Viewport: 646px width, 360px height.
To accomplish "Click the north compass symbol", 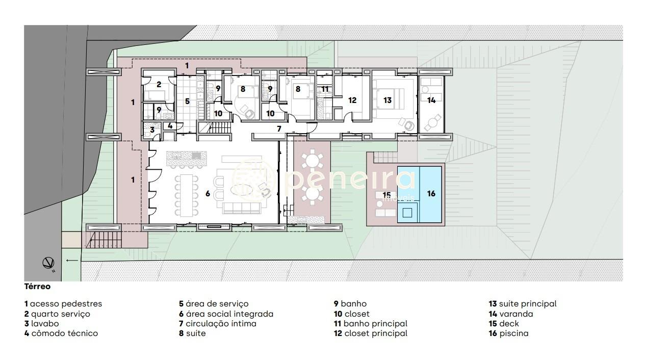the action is pos(48,263).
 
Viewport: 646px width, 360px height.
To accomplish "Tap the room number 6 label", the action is pos(208,194).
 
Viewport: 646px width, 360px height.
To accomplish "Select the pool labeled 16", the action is pos(420,194).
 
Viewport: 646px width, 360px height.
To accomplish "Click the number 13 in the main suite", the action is pos(387,100).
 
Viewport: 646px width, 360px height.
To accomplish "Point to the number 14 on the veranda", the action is pos(431,100).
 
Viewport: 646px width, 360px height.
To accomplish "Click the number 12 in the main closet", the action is pos(352,100).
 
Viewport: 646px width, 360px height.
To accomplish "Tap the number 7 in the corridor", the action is pos(279,128).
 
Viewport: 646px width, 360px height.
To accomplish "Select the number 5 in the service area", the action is pos(187,101).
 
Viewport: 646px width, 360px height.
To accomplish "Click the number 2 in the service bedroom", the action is pos(159,85).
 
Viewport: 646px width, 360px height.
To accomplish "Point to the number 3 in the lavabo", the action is pos(152,130).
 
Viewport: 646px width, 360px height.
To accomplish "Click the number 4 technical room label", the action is pos(170,126).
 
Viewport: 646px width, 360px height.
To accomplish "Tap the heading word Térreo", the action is pos(38,287).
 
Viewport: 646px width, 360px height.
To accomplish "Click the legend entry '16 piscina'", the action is pos(509,333).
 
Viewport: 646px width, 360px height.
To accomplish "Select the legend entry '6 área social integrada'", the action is pos(226,314).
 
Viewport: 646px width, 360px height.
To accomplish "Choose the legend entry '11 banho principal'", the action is pos(371,324).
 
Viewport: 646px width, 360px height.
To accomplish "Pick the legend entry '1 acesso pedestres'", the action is pos(63,304).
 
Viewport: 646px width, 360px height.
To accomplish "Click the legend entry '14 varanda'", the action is pos(511,314).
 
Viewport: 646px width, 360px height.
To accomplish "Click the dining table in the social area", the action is pos(187,195).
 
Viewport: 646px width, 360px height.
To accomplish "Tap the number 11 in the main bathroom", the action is pos(325,89).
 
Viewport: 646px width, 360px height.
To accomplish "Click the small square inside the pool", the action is pos(407,213).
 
